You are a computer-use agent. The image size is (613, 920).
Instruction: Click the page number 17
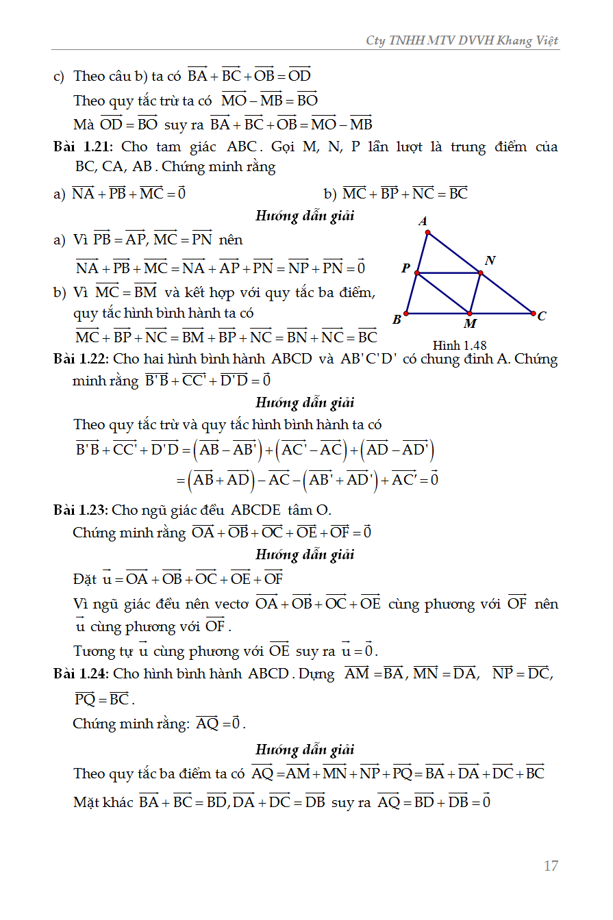[x=551, y=866]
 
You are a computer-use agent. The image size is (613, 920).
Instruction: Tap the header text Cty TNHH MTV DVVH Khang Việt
[x=462, y=41]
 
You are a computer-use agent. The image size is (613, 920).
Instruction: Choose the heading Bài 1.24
[x=81, y=674]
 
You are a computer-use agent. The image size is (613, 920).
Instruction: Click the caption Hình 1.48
[x=460, y=346]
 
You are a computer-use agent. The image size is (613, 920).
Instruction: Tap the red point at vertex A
[x=428, y=233]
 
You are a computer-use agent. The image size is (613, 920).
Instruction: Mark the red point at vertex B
[x=406, y=314]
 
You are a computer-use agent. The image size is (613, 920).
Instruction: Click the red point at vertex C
[x=533, y=314]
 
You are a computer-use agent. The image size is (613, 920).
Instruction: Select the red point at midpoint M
[x=470, y=313]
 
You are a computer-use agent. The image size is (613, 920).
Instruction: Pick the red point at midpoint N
[x=481, y=273]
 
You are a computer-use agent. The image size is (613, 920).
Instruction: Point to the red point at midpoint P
[x=417, y=273]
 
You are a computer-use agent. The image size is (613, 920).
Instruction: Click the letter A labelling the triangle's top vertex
[x=423, y=221]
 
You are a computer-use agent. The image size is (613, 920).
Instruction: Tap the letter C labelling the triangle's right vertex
[x=542, y=316]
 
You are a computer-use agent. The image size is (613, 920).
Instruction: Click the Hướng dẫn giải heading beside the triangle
[x=305, y=216]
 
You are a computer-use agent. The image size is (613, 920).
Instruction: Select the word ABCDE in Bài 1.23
[x=256, y=510]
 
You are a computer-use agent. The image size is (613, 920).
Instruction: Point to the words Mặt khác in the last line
[x=103, y=802]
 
